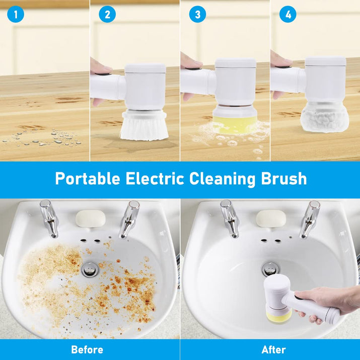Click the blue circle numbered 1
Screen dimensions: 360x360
pos(16,15)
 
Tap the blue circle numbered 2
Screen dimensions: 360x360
pos(107,15)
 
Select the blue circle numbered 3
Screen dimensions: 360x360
pos(197,15)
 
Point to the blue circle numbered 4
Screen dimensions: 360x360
pos(288,15)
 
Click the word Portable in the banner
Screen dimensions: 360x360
pos(88,179)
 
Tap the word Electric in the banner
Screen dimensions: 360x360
pos(155,179)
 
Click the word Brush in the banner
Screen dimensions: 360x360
pos(284,179)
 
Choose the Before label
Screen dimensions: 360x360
pos(87,349)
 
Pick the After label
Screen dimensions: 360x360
pos(274,349)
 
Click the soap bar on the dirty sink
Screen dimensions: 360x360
pos(91,219)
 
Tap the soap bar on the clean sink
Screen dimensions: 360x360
pos(271,219)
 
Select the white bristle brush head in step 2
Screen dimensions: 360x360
pos(144,126)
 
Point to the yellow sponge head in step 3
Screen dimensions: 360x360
pos(235,124)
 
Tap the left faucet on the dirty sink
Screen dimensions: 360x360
pos(49,218)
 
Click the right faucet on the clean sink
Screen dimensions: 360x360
pos(311,219)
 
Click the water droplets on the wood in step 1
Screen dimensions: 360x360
pos(42,138)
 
